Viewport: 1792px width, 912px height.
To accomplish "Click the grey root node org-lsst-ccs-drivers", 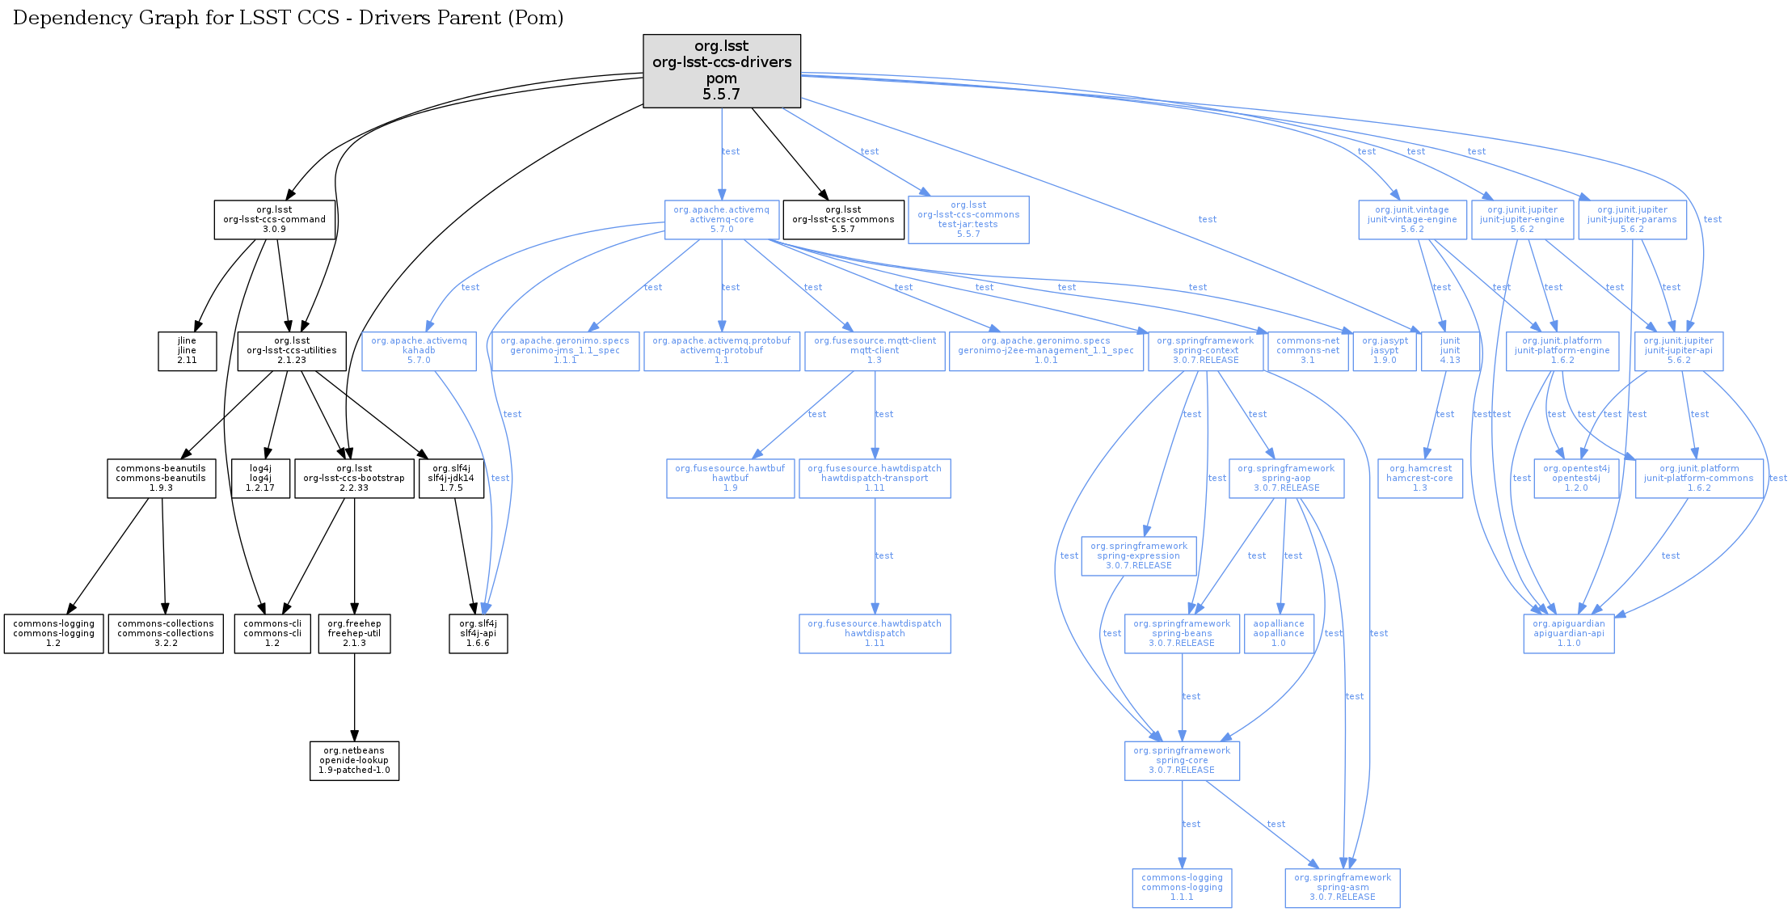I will click(x=722, y=70).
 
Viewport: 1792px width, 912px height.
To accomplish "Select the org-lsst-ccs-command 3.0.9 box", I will click(x=275, y=219).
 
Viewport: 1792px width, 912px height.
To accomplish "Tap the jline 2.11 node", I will click(x=187, y=351).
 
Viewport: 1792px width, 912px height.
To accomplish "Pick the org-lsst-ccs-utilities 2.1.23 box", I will click(x=292, y=351).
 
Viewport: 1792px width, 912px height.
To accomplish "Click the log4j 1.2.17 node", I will click(x=260, y=478).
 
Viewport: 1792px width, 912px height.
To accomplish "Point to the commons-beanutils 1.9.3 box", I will click(x=161, y=478).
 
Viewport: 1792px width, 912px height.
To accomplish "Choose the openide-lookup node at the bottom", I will click(x=354, y=761).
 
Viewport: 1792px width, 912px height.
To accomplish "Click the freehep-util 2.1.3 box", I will click(x=354, y=634).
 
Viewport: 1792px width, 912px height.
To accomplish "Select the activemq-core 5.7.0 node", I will click(x=722, y=219).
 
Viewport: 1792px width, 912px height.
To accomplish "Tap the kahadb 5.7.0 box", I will click(x=419, y=351).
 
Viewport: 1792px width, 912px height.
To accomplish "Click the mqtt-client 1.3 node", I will click(x=875, y=351).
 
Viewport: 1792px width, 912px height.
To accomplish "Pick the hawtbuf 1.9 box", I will click(x=730, y=478).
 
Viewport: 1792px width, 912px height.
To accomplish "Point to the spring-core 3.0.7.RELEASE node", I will click(x=1182, y=761).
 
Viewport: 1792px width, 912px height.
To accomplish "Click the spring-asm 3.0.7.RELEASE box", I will click(x=1343, y=888).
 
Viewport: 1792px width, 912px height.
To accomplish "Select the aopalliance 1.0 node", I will click(x=1279, y=634).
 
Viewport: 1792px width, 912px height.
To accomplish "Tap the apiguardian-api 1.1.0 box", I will click(x=1569, y=634).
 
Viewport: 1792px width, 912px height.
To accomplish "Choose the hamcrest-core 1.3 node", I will click(x=1420, y=478).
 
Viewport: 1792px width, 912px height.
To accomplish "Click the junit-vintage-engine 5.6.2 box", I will click(x=1412, y=219).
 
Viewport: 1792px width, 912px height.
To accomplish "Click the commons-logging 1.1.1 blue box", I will click(x=1182, y=888).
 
